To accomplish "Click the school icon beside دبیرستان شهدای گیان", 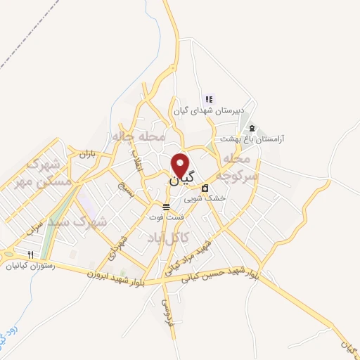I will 208,98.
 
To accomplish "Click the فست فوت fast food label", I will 165,217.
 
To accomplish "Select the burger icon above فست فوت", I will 166,207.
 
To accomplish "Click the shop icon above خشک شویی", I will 205,188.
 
